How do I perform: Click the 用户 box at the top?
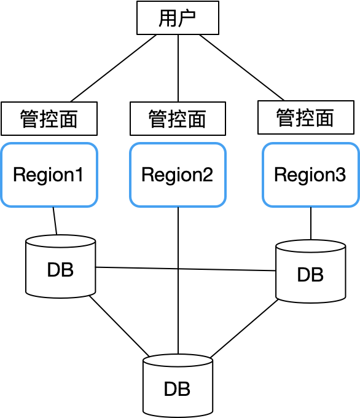(178, 18)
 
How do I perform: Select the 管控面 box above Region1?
(49, 119)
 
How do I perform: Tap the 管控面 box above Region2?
(178, 119)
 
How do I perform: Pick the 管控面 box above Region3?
(306, 117)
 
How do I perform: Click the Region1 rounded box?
(49, 175)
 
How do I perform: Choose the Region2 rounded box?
(178, 175)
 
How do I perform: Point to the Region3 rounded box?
(311, 175)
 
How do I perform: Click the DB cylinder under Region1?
(60, 266)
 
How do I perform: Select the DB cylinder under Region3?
(311, 271)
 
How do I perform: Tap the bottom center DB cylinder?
(178, 386)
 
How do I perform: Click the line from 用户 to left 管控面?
(114, 68)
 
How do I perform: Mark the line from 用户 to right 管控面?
(242, 68)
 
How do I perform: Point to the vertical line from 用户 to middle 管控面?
(178, 68)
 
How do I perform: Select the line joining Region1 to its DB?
(55, 221)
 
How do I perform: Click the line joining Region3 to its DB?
(311, 223)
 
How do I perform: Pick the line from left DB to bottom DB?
(119, 326)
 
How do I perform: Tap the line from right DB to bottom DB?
(244, 328)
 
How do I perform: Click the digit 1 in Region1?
(79, 175)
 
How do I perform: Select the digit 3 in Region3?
(340, 175)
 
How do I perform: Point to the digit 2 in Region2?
(208, 175)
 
